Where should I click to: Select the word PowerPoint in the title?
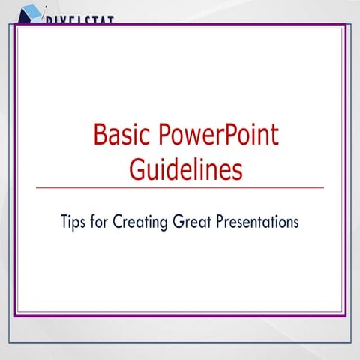(x=218, y=136)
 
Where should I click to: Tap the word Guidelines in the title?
(x=185, y=169)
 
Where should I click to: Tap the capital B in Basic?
(x=100, y=136)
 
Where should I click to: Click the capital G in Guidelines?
(x=137, y=169)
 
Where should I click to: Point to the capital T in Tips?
(x=65, y=223)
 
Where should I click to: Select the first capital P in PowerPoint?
(x=165, y=136)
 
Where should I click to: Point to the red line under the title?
(x=180, y=187)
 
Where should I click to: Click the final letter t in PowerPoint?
(x=274, y=136)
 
